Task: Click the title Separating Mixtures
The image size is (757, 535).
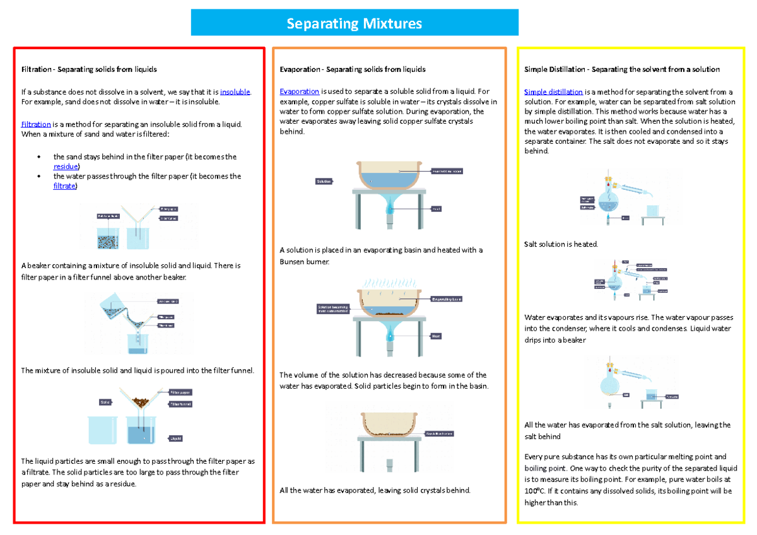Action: coord(354,24)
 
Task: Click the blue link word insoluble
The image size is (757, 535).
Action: coord(235,92)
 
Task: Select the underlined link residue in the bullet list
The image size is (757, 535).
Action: coord(66,167)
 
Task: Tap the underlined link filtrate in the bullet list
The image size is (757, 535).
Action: coord(64,186)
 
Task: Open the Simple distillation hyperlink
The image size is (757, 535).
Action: coord(553,92)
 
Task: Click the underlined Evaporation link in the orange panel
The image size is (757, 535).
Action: coord(299,92)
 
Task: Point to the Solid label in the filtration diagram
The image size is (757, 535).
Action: coord(105,402)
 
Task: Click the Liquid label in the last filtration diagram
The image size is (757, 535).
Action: coord(175,438)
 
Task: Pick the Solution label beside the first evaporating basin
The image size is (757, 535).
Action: coord(324,181)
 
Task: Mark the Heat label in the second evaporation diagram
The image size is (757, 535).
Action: coord(435,336)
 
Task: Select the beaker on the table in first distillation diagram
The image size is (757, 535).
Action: coord(653,210)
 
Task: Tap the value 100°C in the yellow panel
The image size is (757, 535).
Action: coord(534,491)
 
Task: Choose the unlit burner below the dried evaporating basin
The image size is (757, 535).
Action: coord(389,466)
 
